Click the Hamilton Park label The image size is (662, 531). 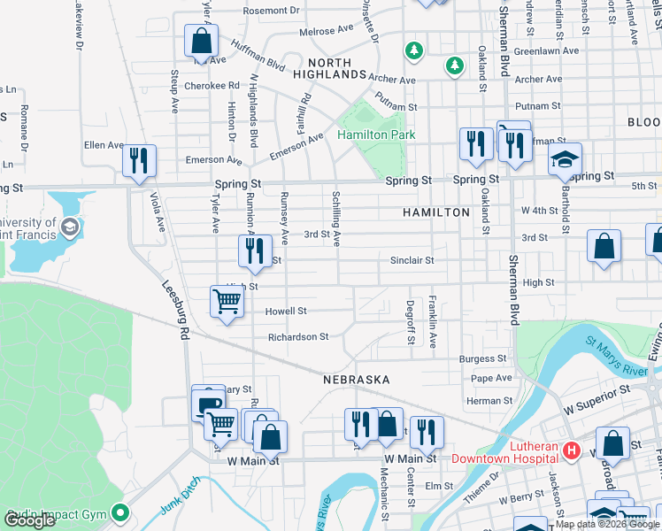coord(376,135)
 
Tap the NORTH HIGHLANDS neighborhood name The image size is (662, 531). coord(329,69)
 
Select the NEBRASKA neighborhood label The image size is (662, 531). coord(356,379)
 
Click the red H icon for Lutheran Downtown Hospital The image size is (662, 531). coord(571,451)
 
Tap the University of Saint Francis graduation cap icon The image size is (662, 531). coord(68,228)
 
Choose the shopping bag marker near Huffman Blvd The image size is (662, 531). coord(202,41)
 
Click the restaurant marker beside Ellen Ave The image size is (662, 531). coord(139,161)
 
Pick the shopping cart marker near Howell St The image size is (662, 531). coord(227,303)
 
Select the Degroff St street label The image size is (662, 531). coord(411,322)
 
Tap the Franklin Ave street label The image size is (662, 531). coord(433,322)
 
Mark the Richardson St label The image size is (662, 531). coord(298,337)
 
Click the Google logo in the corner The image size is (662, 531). coord(29,520)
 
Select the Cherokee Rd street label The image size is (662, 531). coord(212,86)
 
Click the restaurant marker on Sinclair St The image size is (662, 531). coord(254,251)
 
